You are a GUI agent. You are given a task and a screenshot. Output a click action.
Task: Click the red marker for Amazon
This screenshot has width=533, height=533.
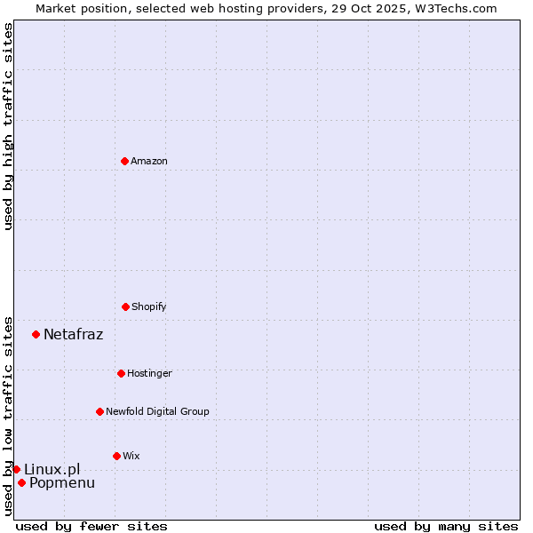point(125,161)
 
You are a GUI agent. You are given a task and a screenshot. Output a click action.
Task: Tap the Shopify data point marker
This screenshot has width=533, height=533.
point(125,306)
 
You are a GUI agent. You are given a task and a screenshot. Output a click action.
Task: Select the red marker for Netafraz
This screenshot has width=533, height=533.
point(36,334)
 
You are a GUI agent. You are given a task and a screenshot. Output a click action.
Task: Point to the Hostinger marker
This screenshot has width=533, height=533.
point(121,373)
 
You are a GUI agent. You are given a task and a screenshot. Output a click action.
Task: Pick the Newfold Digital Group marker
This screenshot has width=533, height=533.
point(99,411)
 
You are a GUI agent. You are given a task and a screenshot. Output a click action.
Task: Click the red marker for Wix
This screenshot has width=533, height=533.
point(116,456)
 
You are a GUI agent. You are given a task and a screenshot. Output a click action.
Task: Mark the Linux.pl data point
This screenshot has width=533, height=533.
point(16,469)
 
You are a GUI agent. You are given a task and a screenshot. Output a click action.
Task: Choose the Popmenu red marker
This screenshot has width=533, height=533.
point(21,482)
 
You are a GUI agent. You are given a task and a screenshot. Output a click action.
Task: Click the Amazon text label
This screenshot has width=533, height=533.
point(149,161)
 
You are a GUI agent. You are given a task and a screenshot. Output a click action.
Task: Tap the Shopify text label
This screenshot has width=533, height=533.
point(149,306)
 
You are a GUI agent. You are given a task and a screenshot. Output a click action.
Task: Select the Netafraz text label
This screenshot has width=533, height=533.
point(73,334)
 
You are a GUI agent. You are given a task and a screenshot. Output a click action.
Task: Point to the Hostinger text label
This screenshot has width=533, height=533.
point(149,373)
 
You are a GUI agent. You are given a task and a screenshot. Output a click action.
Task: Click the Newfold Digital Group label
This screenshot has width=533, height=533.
point(157,411)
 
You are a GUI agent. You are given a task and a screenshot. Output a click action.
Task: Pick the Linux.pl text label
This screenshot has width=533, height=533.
point(52,469)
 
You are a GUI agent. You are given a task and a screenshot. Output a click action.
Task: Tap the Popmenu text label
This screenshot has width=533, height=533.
point(62,482)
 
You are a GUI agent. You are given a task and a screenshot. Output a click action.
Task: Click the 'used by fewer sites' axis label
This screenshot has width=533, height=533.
point(91,526)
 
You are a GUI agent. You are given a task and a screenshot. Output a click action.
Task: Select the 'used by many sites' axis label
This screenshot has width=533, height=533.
point(446,526)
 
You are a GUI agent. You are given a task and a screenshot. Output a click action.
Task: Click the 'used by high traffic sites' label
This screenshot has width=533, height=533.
point(8,126)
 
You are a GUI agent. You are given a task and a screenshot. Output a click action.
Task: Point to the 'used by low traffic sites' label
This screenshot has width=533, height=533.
point(8,415)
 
